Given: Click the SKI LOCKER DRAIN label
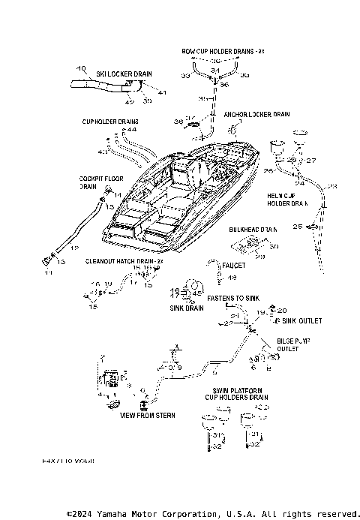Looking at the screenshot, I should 124,74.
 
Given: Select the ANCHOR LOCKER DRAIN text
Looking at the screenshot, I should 256,115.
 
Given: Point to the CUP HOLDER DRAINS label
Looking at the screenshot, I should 110,121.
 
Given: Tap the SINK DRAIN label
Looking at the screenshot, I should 186,308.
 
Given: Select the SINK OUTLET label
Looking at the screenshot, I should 301,320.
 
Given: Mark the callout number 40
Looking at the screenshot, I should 82,68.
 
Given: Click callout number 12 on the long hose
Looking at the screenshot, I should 73,247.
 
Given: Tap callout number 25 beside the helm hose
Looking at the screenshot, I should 297,226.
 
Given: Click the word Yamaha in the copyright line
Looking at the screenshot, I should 106,514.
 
